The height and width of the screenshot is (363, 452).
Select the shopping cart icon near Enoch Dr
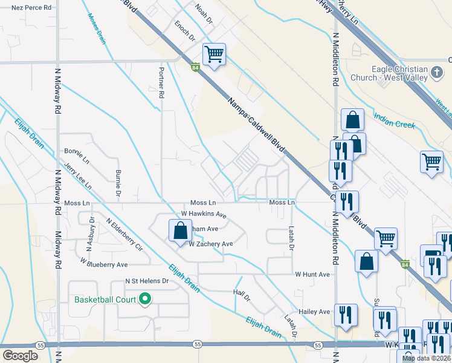pos(214,55)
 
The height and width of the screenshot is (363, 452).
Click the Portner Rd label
pos(161,82)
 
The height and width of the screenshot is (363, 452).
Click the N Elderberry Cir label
pos(124,235)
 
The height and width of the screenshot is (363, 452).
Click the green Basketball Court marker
pos(145,299)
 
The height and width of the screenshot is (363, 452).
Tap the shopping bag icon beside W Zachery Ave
pos(180,231)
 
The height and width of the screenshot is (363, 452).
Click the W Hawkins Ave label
pos(204,214)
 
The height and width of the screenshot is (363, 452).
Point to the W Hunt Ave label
pos(312,274)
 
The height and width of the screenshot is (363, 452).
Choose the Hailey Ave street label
pos(316,312)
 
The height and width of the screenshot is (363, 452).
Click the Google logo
pos(21,355)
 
